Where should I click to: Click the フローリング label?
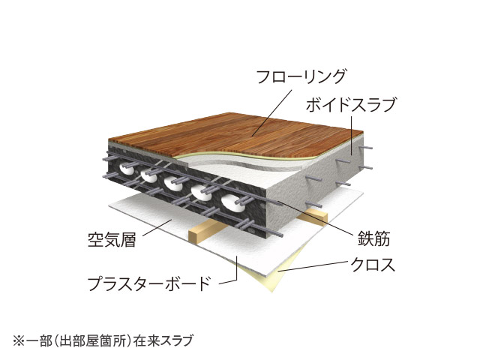point(301,76)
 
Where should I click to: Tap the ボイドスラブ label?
point(351,105)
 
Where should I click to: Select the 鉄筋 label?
point(373,238)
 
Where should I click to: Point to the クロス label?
point(373,265)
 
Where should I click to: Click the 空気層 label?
point(112,239)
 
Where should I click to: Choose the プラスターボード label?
point(149,283)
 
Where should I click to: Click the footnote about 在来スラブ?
point(103,340)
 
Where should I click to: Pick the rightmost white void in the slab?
point(232,202)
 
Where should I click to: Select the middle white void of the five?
point(172,184)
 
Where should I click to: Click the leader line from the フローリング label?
point(272,112)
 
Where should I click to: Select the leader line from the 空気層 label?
point(157,228)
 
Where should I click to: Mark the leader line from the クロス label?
point(312,266)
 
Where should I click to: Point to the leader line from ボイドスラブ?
point(352,135)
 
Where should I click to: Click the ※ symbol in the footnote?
point(18,341)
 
